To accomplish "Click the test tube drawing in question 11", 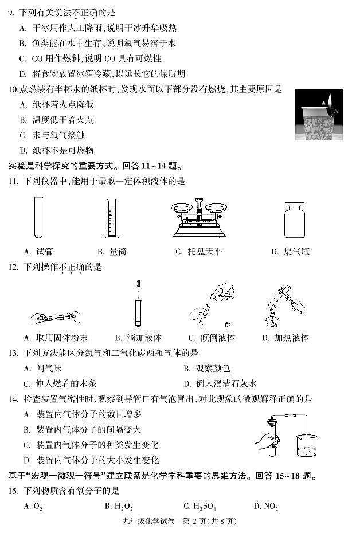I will [x=38, y=217].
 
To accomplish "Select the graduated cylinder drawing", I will [x=111, y=218].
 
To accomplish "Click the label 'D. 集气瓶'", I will [x=290, y=252].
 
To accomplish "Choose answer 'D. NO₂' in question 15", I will [x=265, y=506].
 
